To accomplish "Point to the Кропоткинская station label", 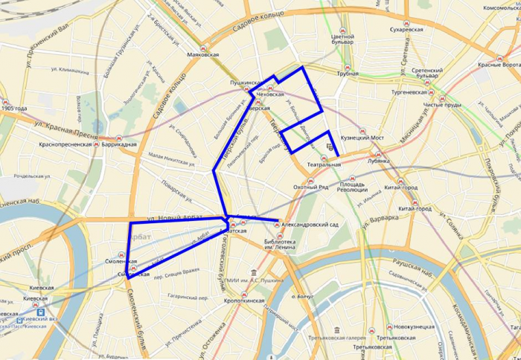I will [x=244, y=301].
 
